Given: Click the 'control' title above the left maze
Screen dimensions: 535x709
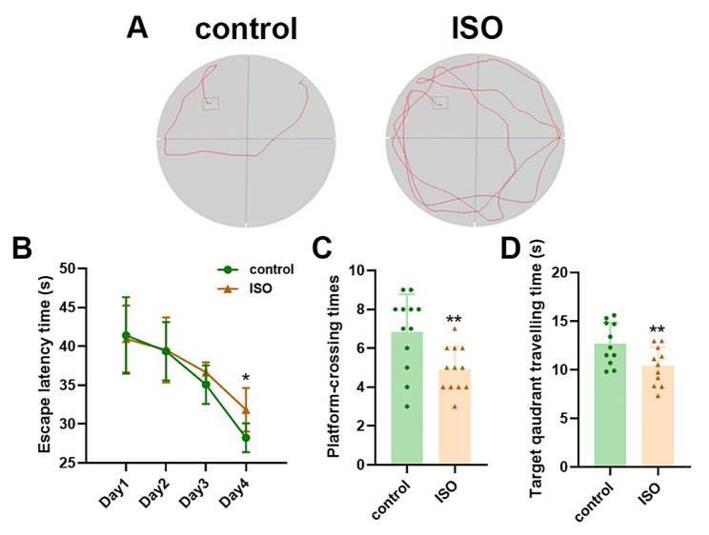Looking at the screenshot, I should click(247, 29).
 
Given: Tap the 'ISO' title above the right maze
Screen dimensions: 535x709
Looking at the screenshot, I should click(476, 29).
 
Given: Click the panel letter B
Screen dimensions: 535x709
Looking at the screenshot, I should click(24, 253).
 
